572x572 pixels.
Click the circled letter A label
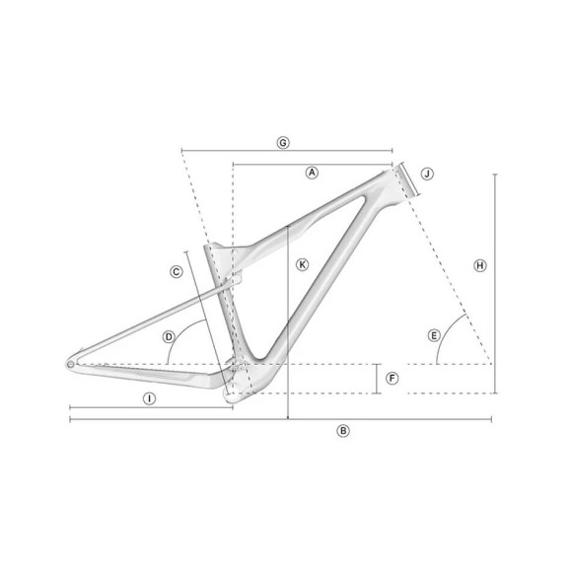(312, 172)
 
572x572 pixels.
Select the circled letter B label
(342, 430)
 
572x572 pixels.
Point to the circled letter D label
(169, 336)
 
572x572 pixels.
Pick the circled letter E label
(433, 335)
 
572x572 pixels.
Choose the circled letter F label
(392, 378)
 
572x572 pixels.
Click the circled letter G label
(283, 143)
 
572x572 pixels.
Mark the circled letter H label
(479, 265)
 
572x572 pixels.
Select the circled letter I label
(148, 398)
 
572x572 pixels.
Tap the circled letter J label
(427, 174)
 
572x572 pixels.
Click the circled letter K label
(302, 264)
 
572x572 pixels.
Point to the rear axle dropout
(71, 363)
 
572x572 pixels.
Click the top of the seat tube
(208, 248)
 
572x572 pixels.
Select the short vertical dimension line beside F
(377, 379)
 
